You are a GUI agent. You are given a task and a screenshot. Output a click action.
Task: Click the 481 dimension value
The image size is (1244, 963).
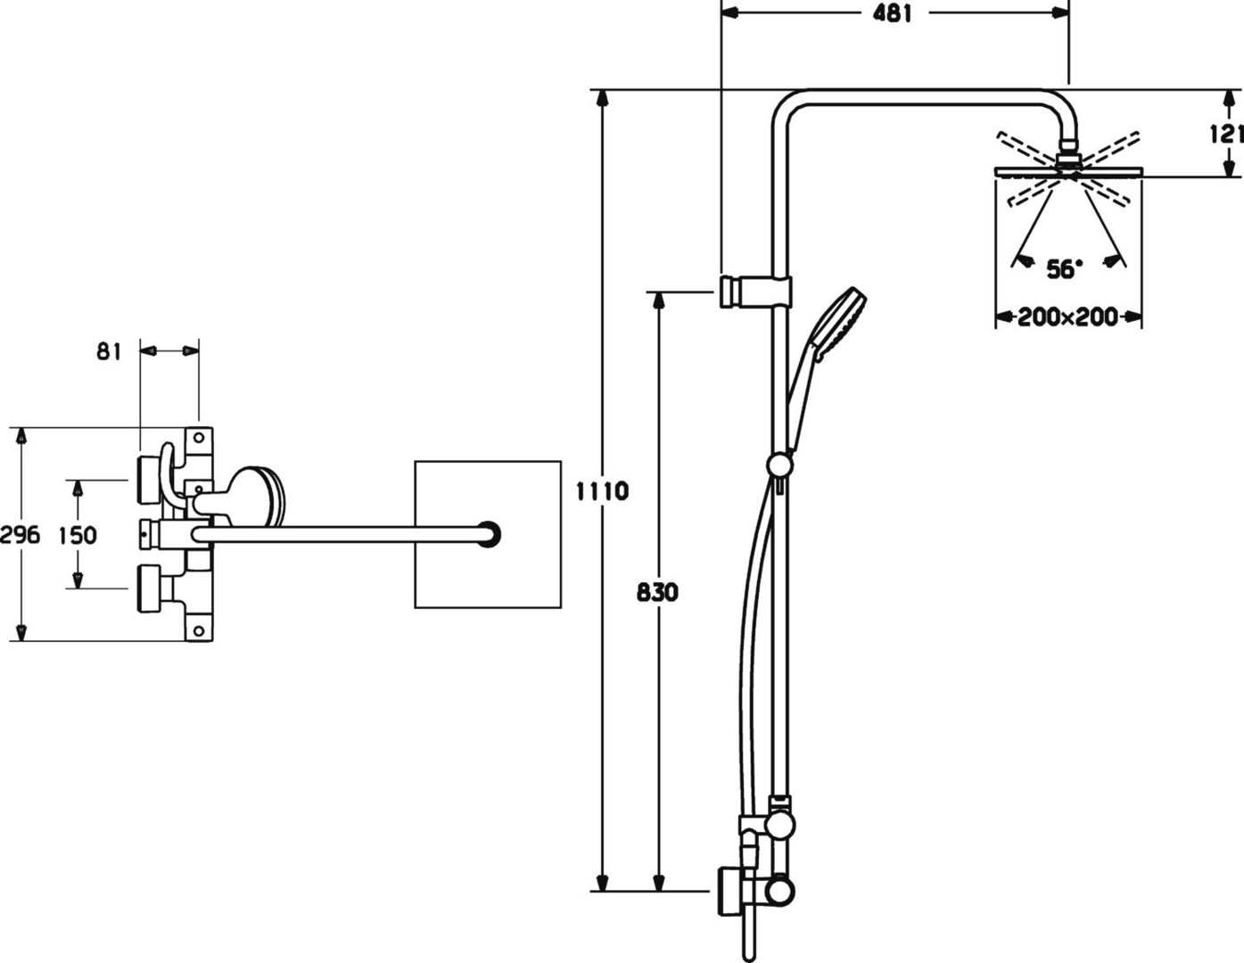(x=892, y=14)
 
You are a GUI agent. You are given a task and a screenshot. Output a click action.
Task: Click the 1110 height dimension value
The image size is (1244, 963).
(x=602, y=491)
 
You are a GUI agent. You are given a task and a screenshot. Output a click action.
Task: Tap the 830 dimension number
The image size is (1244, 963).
(x=657, y=593)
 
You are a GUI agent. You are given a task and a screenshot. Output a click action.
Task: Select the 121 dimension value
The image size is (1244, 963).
(x=1227, y=134)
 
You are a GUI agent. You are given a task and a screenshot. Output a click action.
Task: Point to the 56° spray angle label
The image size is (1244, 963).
(x=1065, y=268)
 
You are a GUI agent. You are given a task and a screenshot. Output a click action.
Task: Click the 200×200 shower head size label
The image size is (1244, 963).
(x=1067, y=317)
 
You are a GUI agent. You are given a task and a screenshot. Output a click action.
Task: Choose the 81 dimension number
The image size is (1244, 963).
(x=110, y=351)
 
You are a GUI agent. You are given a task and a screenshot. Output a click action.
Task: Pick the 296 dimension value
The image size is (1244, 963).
(x=20, y=535)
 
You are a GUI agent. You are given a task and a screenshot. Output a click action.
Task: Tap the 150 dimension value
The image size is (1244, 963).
(x=78, y=535)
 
